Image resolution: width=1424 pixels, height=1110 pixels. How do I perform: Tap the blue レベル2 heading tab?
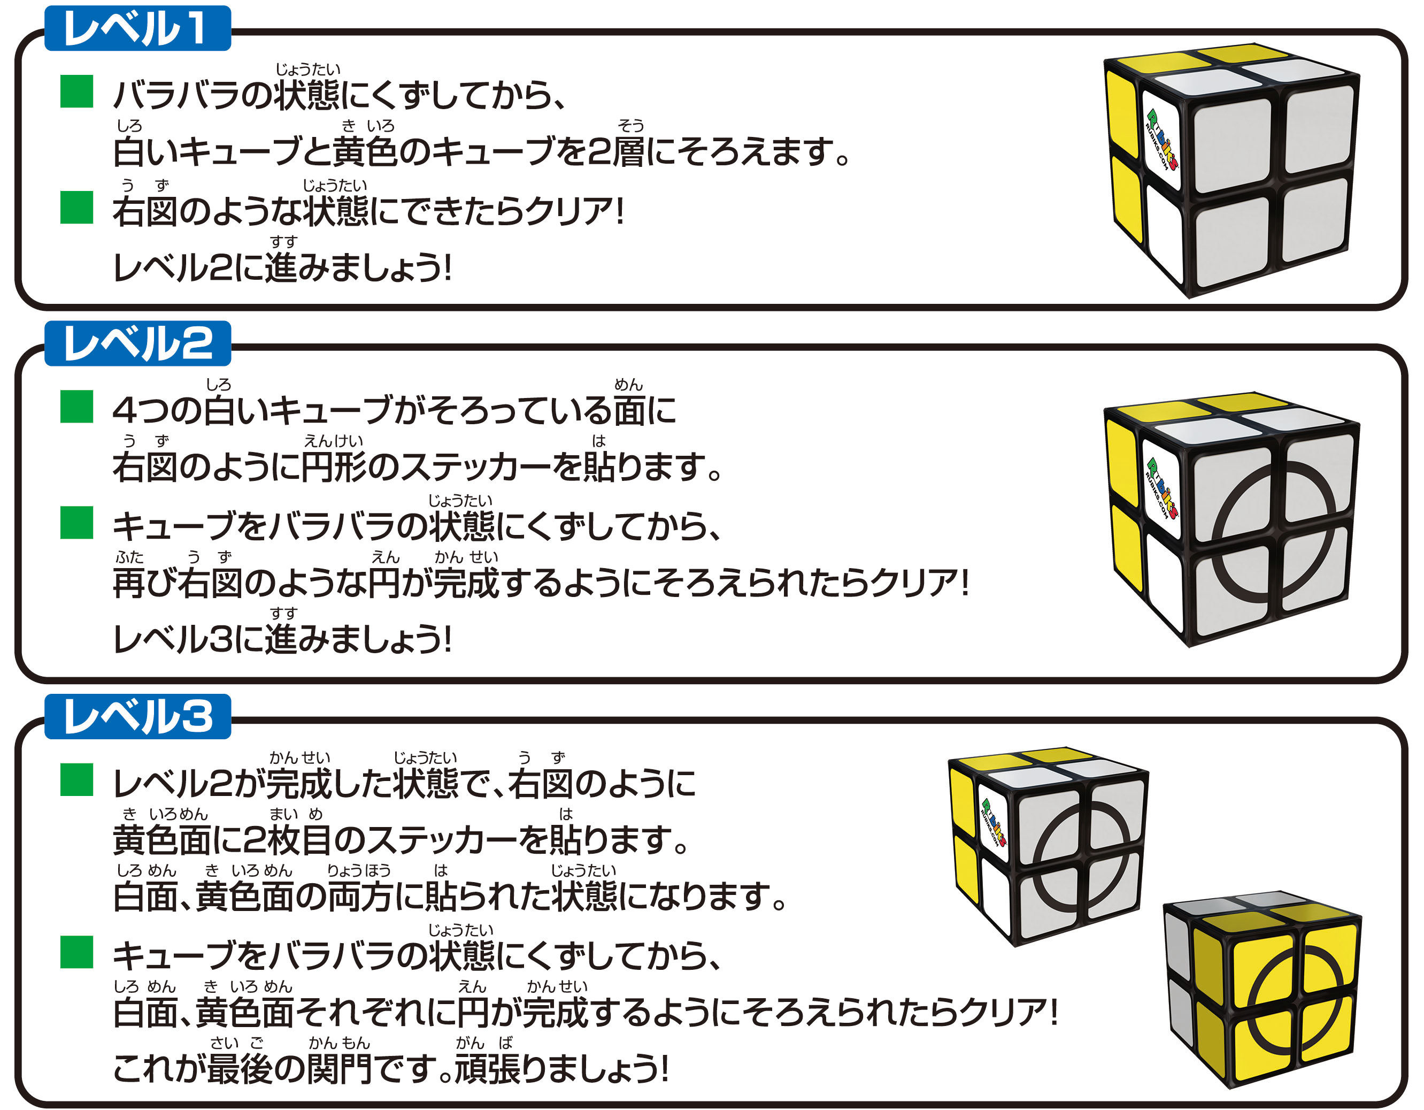pyautogui.click(x=137, y=343)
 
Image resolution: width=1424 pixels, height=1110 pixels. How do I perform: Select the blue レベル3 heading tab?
pyautogui.click(x=137, y=717)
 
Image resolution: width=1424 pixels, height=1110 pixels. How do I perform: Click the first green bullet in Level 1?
pyautogui.click(x=76, y=91)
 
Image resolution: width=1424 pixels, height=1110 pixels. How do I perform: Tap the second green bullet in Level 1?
pyautogui.click(x=76, y=208)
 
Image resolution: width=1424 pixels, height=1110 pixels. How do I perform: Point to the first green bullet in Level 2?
pyautogui.click(x=76, y=407)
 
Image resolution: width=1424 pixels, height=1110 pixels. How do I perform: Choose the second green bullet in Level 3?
pyautogui.click(x=76, y=952)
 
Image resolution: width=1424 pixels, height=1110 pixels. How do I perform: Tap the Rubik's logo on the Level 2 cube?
pyautogui.click(x=1162, y=489)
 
